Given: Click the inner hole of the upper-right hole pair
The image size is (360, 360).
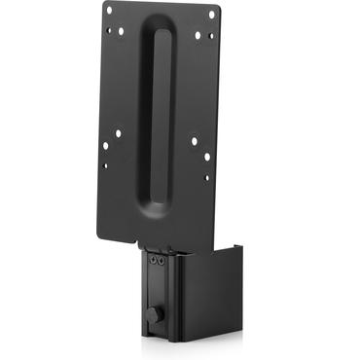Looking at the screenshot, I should coord(198,35).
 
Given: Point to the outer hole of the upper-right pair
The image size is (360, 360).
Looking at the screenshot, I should coord(210,37).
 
